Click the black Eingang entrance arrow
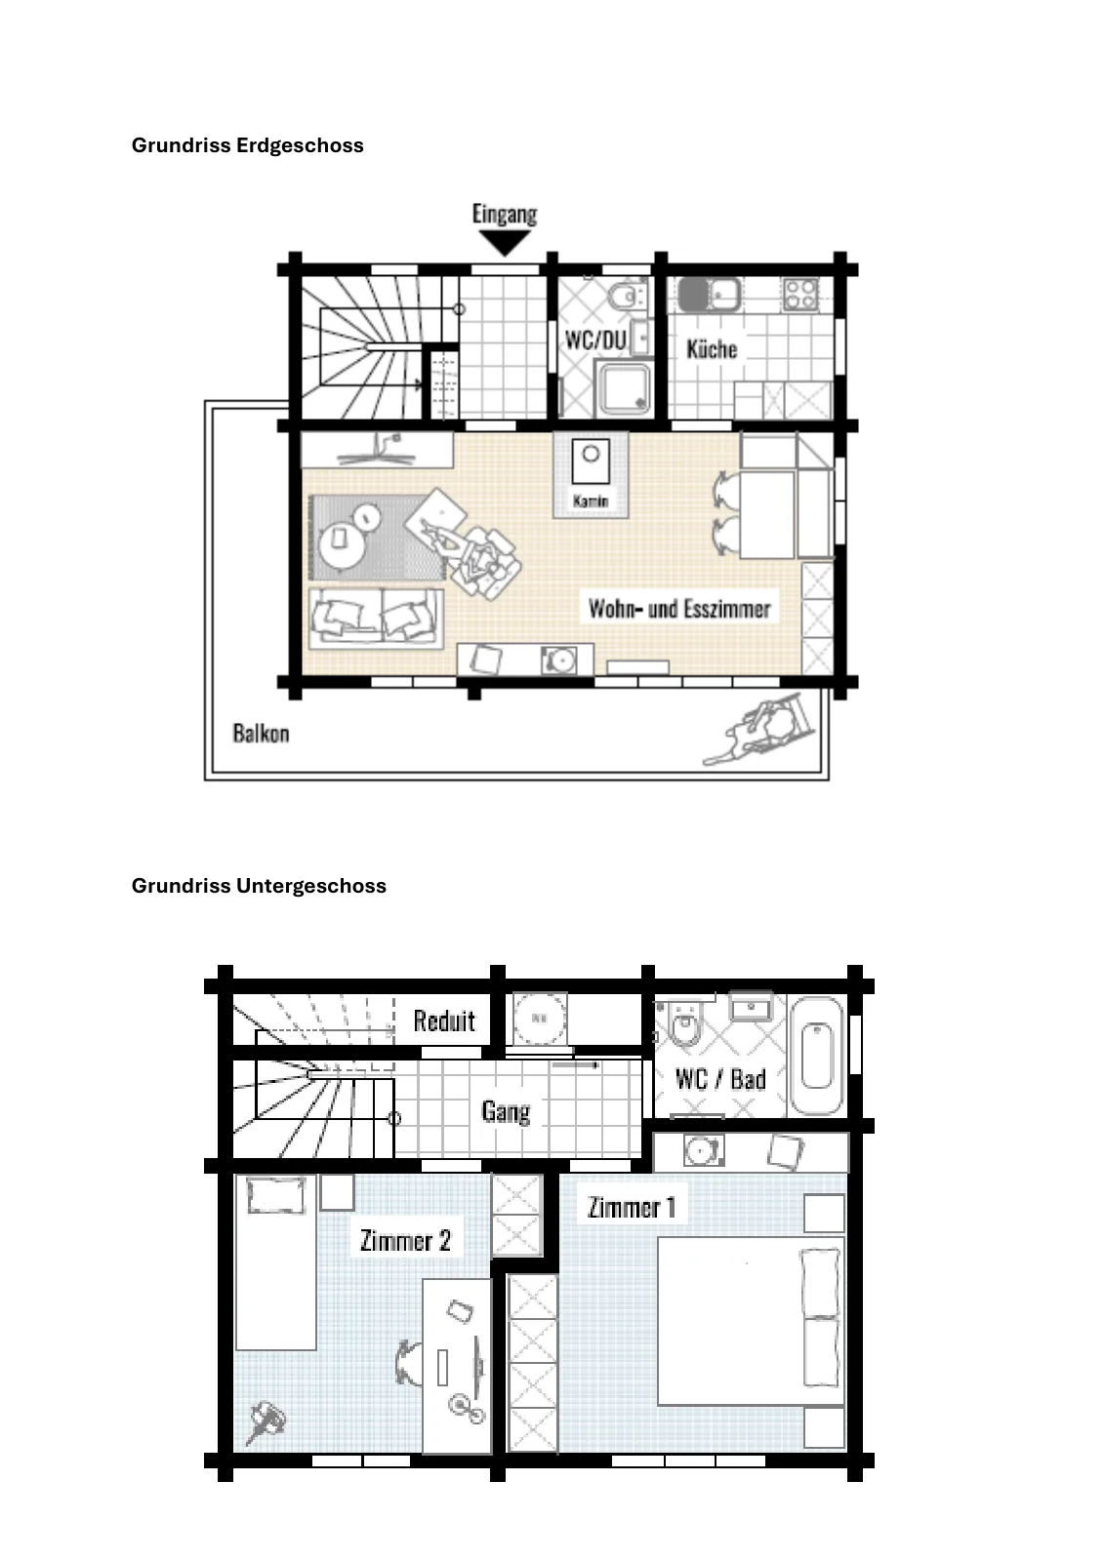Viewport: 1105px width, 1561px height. click(506, 243)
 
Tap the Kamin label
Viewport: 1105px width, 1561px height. click(591, 500)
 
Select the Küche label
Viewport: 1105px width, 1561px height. click(712, 348)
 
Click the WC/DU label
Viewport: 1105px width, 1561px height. click(595, 340)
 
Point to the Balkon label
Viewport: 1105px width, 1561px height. click(261, 733)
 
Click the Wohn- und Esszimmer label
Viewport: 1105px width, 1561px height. click(679, 609)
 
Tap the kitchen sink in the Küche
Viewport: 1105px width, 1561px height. click(710, 294)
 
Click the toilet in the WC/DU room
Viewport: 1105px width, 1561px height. click(627, 297)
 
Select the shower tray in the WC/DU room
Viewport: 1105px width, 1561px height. click(623, 389)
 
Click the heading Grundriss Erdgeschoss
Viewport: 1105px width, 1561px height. click(248, 145)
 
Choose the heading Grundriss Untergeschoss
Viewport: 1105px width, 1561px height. click(259, 885)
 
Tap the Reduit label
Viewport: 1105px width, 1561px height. click(444, 1021)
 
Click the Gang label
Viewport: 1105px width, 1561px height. click(507, 1111)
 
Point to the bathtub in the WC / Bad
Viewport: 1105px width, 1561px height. click(817, 1055)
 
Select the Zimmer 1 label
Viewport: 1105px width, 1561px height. click(632, 1207)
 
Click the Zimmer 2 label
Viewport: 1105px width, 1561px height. click(405, 1240)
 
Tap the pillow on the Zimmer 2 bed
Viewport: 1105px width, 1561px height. click(277, 1195)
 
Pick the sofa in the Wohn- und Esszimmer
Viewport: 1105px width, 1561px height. click(376, 619)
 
